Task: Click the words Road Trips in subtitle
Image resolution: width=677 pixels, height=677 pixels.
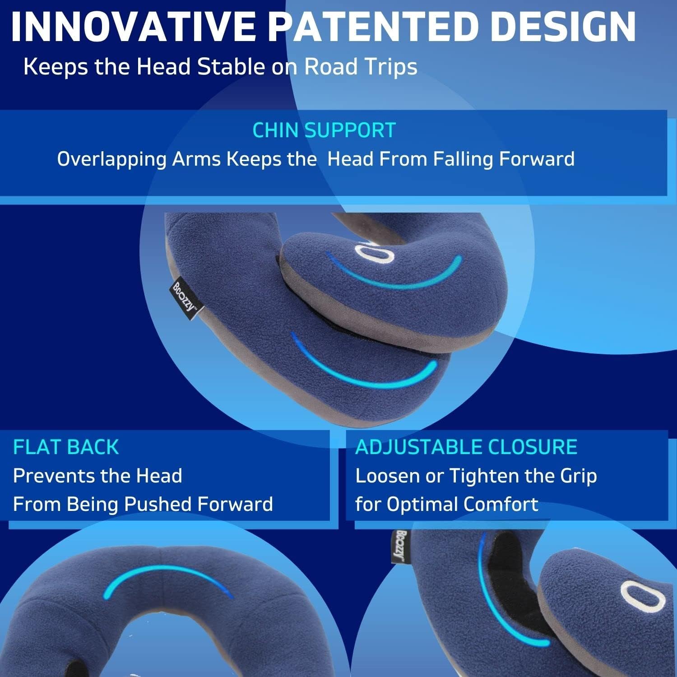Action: tap(361, 67)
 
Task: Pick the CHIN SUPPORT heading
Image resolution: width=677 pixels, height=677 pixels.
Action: tap(324, 130)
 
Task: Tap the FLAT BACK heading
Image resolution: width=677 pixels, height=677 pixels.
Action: tap(66, 447)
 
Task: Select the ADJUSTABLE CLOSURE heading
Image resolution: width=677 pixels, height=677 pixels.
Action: tap(466, 447)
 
